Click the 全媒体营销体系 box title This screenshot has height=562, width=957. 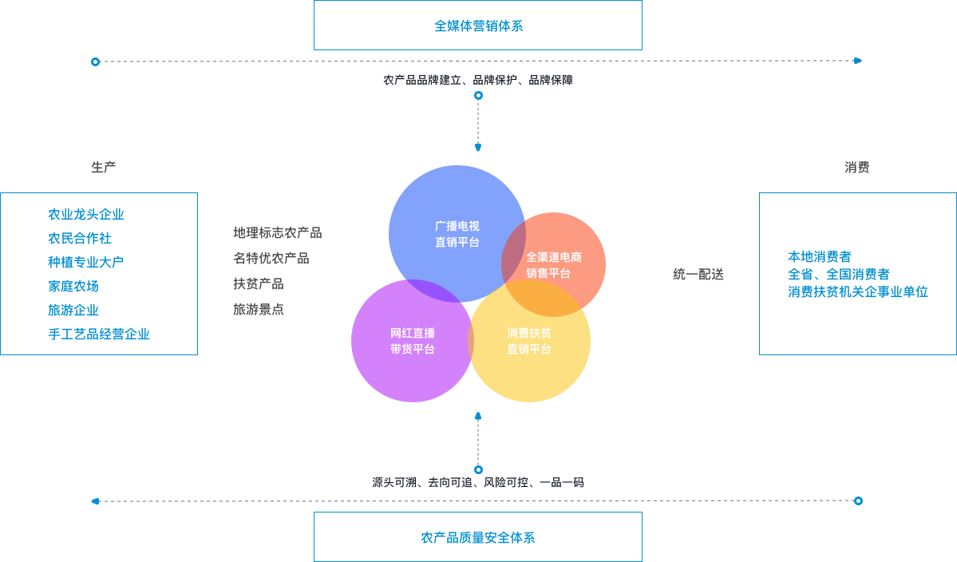[x=478, y=26]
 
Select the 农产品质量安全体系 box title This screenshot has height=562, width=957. [x=478, y=537]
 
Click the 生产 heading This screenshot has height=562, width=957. [x=103, y=168]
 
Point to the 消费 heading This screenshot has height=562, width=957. [x=856, y=168]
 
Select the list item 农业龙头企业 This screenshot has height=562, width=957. [x=86, y=214]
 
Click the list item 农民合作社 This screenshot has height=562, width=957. [x=80, y=238]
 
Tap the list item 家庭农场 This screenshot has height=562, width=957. [x=73, y=286]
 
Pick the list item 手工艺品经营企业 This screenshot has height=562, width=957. [x=99, y=334]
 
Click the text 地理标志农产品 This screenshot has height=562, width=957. [x=277, y=233]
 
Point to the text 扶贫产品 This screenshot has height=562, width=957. [x=258, y=283]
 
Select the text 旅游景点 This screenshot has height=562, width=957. [x=258, y=309]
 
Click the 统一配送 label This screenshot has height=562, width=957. [x=698, y=274]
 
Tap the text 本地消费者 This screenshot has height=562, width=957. [x=819, y=256]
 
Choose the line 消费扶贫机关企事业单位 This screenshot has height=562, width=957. [x=857, y=291]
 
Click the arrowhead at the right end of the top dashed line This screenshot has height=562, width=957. [x=858, y=61]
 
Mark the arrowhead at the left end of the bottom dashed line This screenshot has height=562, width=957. [x=95, y=501]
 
